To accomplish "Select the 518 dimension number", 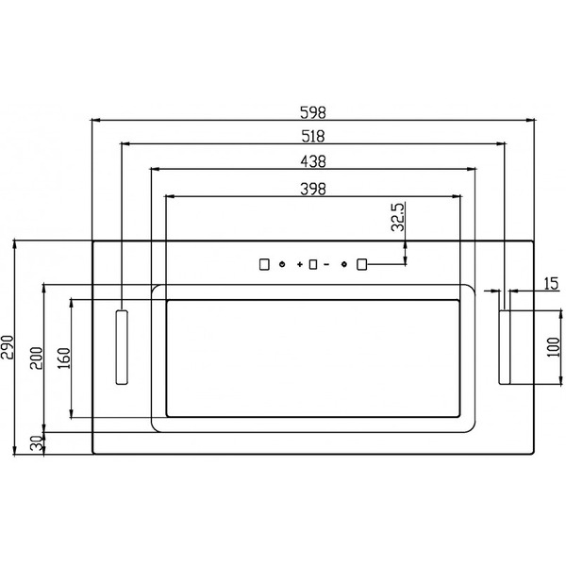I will pyautogui.click(x=313, y=136).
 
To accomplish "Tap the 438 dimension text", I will pyautogui.click(x=313, y=161).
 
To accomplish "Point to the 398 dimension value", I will pyautogui.click(x=313, y=188).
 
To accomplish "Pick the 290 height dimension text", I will pyautogui.click(x=8, y=347).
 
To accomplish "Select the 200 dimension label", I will pyautogui.click(x=36, y=358).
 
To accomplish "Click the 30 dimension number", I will pyautogui.click(x=36, y=444).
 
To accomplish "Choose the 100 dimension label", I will pyautogui.click(x=554, y=347).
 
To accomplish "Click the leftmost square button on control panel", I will pyautogui.click(x=265, y=265).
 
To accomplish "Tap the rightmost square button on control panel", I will pyautogui.click(x=361, y=265).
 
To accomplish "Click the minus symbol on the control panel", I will pyautogui.click(x=326, y=265).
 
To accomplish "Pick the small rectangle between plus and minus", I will pyautogui.click(x=312, y=265).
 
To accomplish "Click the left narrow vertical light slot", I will pyautogui.click(x=122, y=346).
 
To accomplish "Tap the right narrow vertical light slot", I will pyautogui.click(x=505, y=347).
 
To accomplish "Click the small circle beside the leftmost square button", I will pyautogui.click(x=281, y=265).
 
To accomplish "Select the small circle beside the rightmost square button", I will pyautogui.click(x=345, y=265).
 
